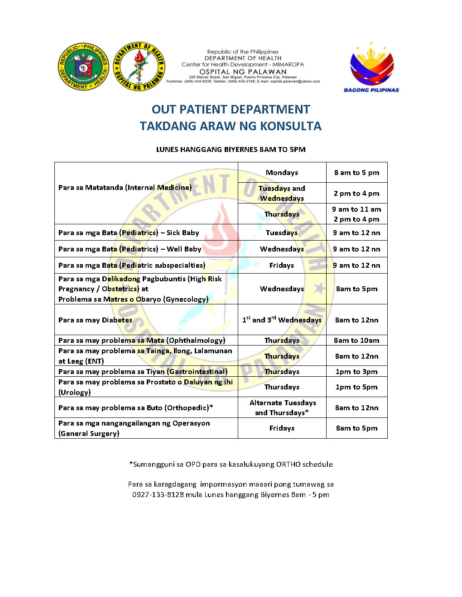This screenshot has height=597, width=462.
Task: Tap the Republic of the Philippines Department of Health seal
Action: (83, 66)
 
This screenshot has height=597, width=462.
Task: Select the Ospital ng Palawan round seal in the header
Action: (139, 66)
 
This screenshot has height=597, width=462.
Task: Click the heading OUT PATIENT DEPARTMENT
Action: (231, 109)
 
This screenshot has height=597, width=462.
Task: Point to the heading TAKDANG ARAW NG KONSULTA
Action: (231, 126)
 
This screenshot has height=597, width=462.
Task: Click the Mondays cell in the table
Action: (282, 172)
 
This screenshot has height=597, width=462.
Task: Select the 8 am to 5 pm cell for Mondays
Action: (356, 172)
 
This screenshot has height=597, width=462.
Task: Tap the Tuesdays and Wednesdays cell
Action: (282, 193)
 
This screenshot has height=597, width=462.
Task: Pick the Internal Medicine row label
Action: (125, 187)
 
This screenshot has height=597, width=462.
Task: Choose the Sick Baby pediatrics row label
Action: (129, 232)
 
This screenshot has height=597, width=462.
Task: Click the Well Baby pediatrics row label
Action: (130, 249)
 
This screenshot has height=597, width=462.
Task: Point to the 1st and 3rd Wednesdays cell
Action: (282, 320)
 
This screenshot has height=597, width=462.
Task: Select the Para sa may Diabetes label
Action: (95, 320)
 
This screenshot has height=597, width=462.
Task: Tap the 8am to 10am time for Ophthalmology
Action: (356, 340)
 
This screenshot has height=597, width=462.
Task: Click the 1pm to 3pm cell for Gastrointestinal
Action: (356, 371)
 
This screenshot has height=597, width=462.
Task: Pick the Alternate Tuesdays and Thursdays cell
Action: (282, 407)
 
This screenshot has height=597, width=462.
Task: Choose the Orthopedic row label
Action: (135, 407)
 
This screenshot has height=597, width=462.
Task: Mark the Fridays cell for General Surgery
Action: (282, 428)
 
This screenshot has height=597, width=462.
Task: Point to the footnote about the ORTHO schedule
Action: (231, 464)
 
